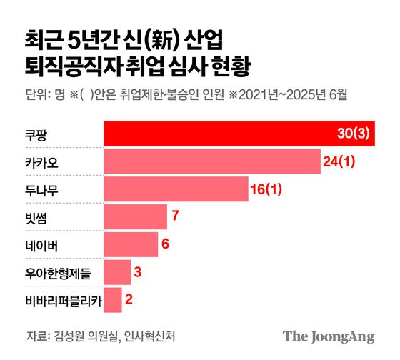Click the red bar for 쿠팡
point(214,134)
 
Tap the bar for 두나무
point(176,189)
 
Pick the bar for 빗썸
point(136,216)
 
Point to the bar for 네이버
point(131,244)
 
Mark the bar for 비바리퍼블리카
point(113,299)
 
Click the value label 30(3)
point(354,134)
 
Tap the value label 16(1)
point(267,189)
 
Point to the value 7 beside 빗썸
point(175,216)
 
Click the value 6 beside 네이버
point(166,244)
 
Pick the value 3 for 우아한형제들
point(139,271)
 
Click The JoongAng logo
point(328,336)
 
